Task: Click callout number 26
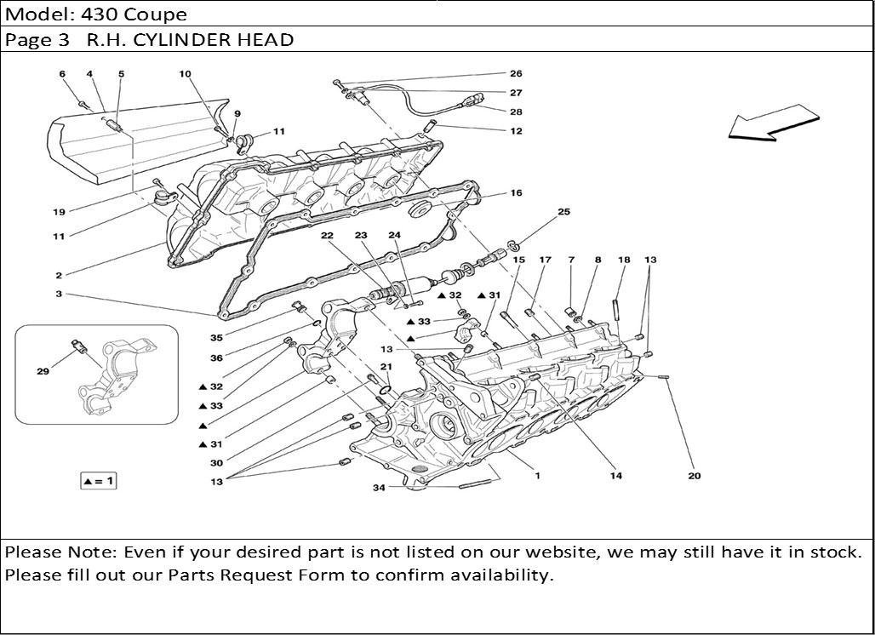(x=516, y=74)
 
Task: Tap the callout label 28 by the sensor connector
(x=516, y=112)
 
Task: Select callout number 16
(x=516, y=193)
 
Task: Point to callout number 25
(x=563, y=211)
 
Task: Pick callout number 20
(x=695, y=476)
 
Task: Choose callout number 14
(x=615, y=476)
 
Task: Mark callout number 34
(x=379, y=488)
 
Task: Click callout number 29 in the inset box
(x=43, y=371)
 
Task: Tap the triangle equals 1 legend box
(x=98, y=481)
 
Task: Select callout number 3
(x=59, y=295)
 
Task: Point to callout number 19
(x=59, y=211)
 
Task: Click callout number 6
(x=62, y=74)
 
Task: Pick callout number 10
(x=186, y=74)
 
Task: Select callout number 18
(x=624, y=260)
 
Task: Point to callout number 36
(x=217, y=358)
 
